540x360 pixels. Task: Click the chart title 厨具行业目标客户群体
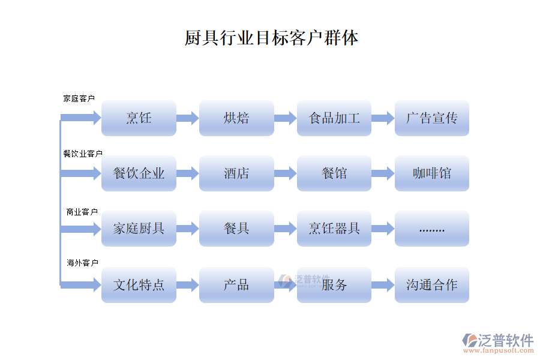click(x=271, y=38)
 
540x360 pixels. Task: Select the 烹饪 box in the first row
click(x=139, y=118)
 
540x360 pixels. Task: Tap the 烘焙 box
click(x=236, y=118)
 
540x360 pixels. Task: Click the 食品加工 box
click(x=334, y=118)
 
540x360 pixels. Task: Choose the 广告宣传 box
click(x=432, y=118)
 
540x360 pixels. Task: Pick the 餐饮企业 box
click(x=139, y=173)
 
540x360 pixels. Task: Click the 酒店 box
click(x=236, y=173)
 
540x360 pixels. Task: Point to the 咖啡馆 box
click(x=432, y=173)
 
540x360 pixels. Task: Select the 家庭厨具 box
click(x=139, y=229)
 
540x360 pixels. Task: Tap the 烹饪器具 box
click(x=334, y=229)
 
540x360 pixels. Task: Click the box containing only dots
click(x=432, y=229)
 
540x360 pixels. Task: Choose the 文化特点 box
click(x=139, y=284)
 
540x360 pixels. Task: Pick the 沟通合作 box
click(x=432, y=284)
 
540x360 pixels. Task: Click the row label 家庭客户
click(x=79, y=98)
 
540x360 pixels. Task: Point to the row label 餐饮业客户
click(x=83, y=154)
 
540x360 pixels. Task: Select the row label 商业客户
click(x=82, y=212)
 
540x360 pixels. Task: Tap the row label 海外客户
click(x=82, y=263)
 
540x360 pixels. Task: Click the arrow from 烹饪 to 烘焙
click(x=187, y=118)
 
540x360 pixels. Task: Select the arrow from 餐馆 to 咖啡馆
click(x=383, y=173)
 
